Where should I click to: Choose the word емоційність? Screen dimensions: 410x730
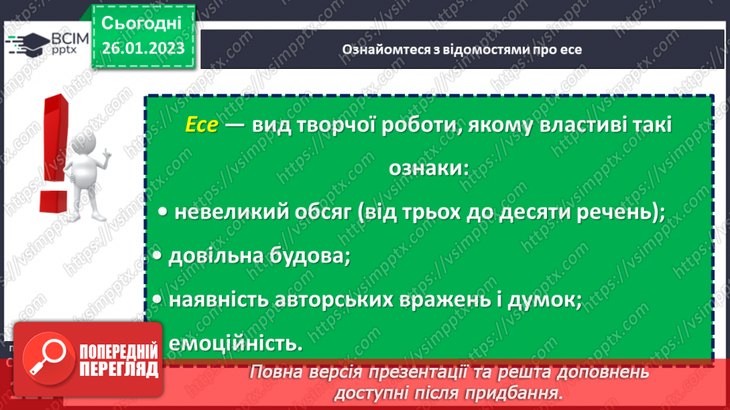point(235,344)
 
